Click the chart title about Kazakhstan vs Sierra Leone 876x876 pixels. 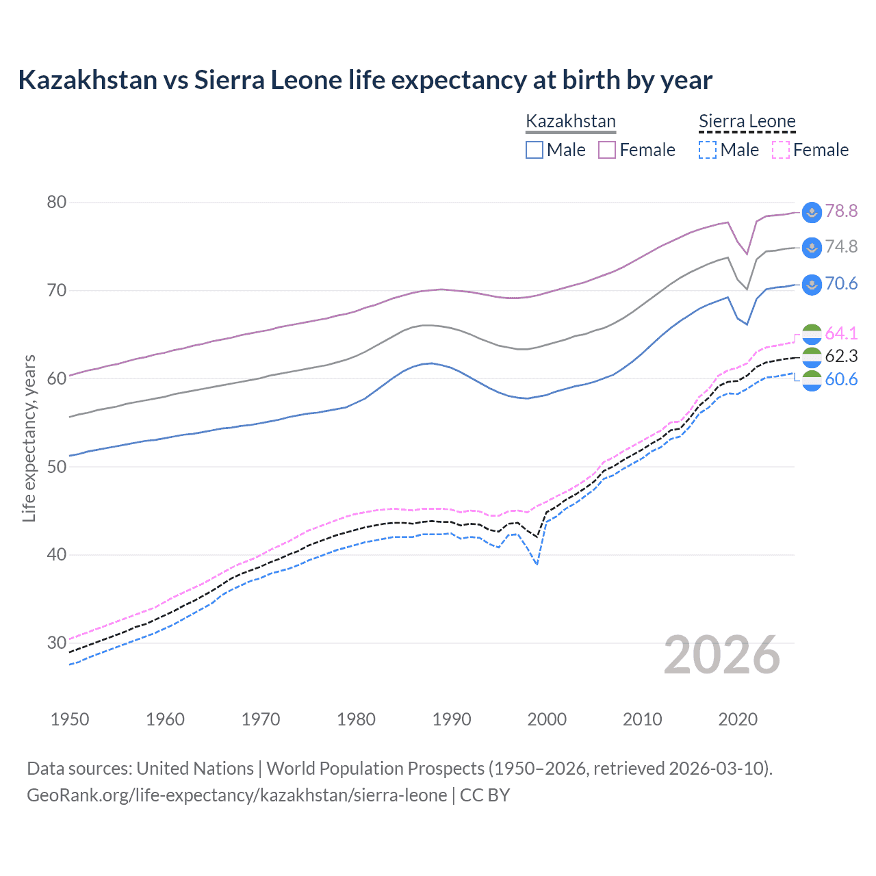[365, 80]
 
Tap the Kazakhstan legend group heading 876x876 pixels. [571, 122]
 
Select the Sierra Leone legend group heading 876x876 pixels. [747, 122]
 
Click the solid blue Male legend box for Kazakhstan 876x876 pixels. [534, 150]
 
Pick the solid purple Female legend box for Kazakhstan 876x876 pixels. [607, 150]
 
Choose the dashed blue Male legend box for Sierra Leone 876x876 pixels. [708, 150]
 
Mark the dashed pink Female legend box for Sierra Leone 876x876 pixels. [781, 150]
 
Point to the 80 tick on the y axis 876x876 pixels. [57, 202]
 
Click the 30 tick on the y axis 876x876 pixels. [57, 643]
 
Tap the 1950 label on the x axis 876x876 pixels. [70, 719]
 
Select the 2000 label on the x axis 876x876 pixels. [547, 719]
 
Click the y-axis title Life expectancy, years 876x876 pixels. [29, 438]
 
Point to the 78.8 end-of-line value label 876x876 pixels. [841, 211]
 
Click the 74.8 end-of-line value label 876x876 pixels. [841, 246]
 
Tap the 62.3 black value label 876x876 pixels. [841, 356]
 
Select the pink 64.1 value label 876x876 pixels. [841, 333]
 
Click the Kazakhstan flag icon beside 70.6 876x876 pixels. [812, 284]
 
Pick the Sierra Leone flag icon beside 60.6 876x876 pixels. [812, 381]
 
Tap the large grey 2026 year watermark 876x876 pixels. [722, 655]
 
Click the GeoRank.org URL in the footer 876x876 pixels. [237, 795]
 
